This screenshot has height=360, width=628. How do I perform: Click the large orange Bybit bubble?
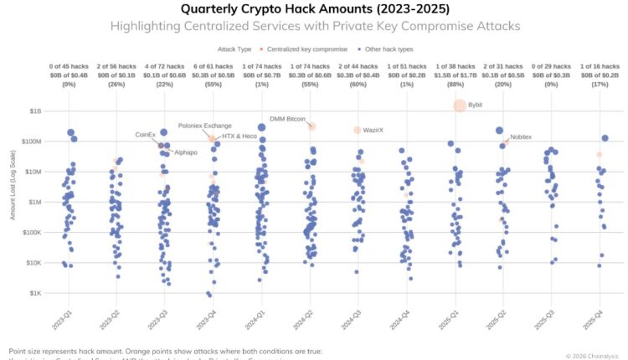(x=460, y=105)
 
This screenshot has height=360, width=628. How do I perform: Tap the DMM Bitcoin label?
(x=287, y=119)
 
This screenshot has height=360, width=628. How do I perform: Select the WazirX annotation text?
(x=373, y=131)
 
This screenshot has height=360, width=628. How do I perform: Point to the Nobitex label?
(x=521, y=136)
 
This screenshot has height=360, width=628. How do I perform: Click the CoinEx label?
(x=146, y=134)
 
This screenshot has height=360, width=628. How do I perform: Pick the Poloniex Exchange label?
(x=205, y=126)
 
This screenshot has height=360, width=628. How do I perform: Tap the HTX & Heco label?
(x=239, y=136)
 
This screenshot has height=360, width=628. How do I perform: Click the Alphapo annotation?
(x=186, y=152)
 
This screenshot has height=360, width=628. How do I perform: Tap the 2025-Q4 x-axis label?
(x=598, y=319)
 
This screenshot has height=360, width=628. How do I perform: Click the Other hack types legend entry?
(x=384, y=49)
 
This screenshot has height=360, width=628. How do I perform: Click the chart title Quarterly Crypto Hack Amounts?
(x=314, y=9)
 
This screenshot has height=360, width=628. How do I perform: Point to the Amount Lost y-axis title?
(x=13, y=201)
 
